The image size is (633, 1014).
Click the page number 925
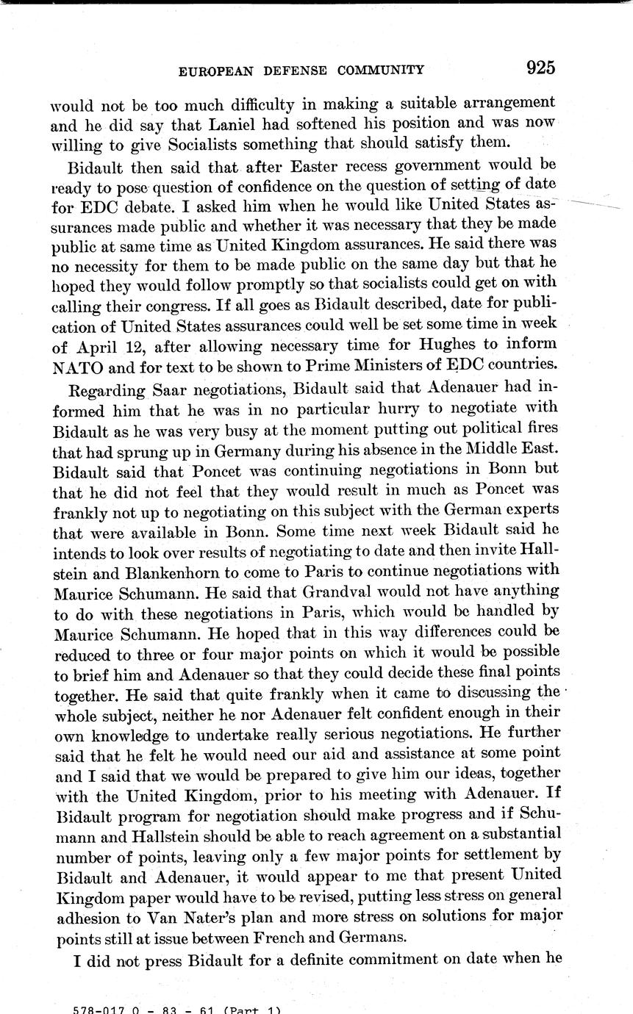click(x=540, y=68)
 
